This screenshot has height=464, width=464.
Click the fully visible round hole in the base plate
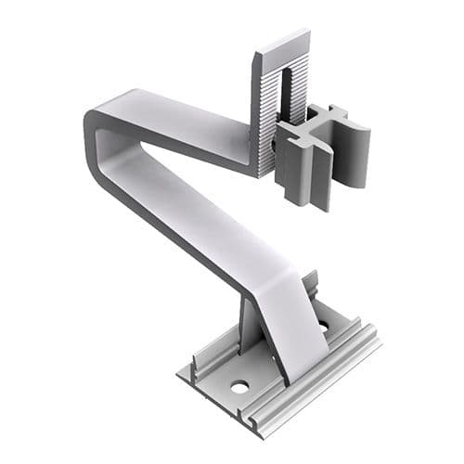pyautogui.click(x=239, y=384)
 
